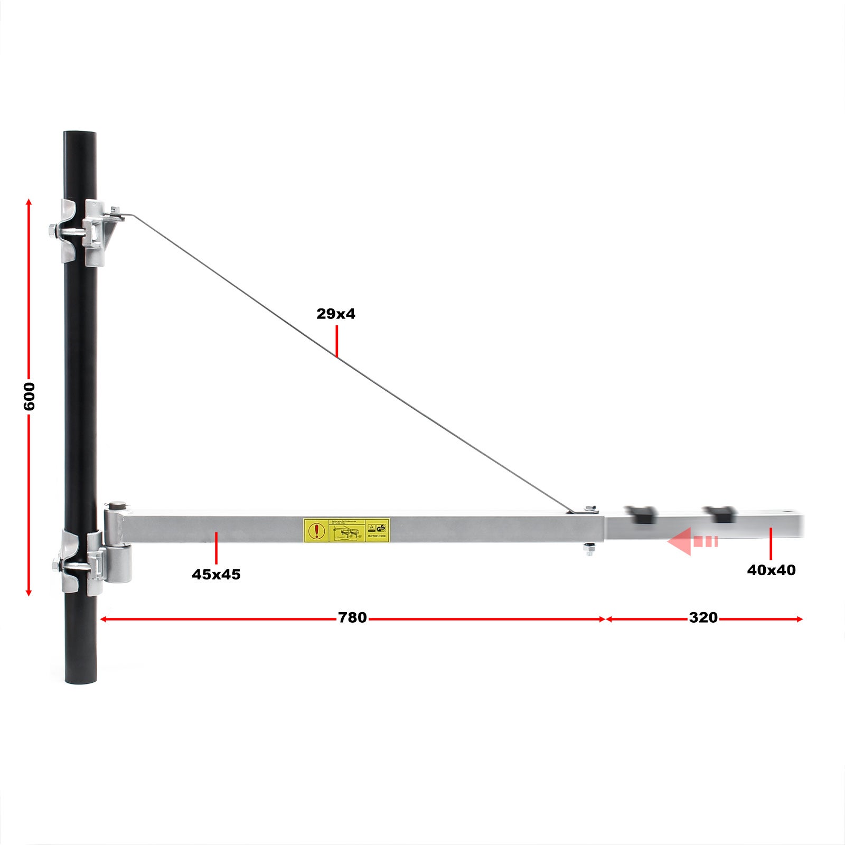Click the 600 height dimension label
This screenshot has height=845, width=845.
(29, 396)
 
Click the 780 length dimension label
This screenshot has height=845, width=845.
(352, 617)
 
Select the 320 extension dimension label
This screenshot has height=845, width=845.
(703, 617)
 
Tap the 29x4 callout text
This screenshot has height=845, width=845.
(336, 314)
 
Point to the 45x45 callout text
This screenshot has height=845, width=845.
(216, 574)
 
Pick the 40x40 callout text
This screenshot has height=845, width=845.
(771, 570)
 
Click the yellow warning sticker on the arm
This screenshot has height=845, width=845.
(346, 530)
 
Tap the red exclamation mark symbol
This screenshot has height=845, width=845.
(316, 530)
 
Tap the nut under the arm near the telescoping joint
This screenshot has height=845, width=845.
(589, 550)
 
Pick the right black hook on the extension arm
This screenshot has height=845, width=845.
(719, 513)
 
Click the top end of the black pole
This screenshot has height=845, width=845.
(80, 134)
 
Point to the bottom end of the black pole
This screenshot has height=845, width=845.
(81, 681)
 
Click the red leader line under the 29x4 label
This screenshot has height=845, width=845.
(336, 341)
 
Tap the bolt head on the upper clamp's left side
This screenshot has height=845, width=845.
(52, 231)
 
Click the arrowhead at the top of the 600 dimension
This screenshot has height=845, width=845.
(29, 202)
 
